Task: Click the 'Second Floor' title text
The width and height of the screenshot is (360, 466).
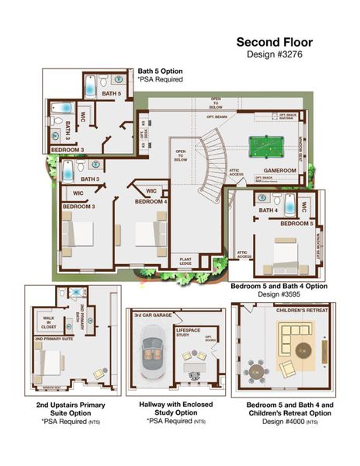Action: (273, 42)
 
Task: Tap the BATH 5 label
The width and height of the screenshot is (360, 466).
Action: (112, 95)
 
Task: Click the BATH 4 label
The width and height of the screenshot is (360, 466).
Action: (268, 210)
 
